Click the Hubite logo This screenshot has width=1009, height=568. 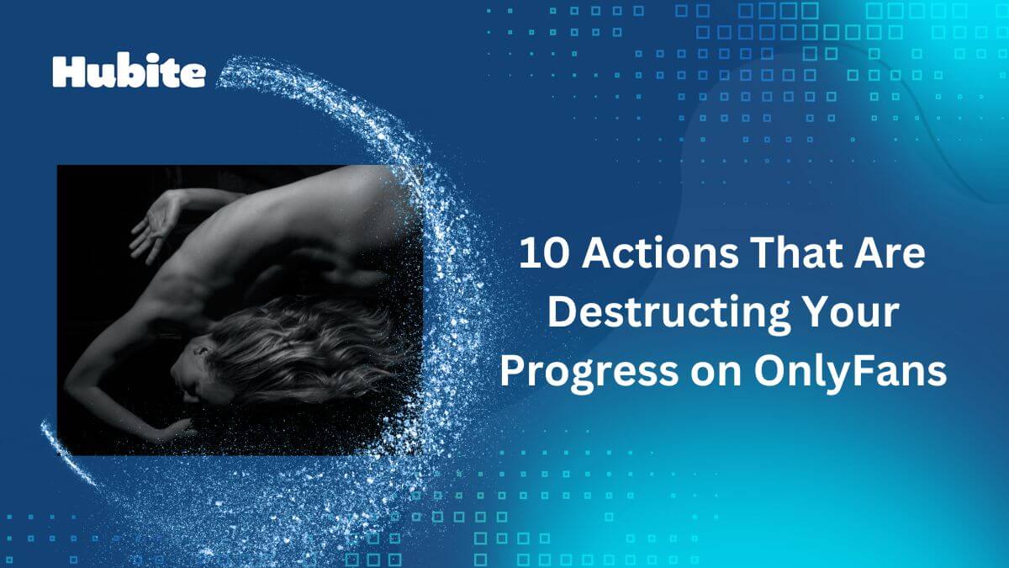coord(129,72)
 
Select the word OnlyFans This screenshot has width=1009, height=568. coord(850,372)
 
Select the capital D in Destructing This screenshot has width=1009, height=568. coord(562,311)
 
